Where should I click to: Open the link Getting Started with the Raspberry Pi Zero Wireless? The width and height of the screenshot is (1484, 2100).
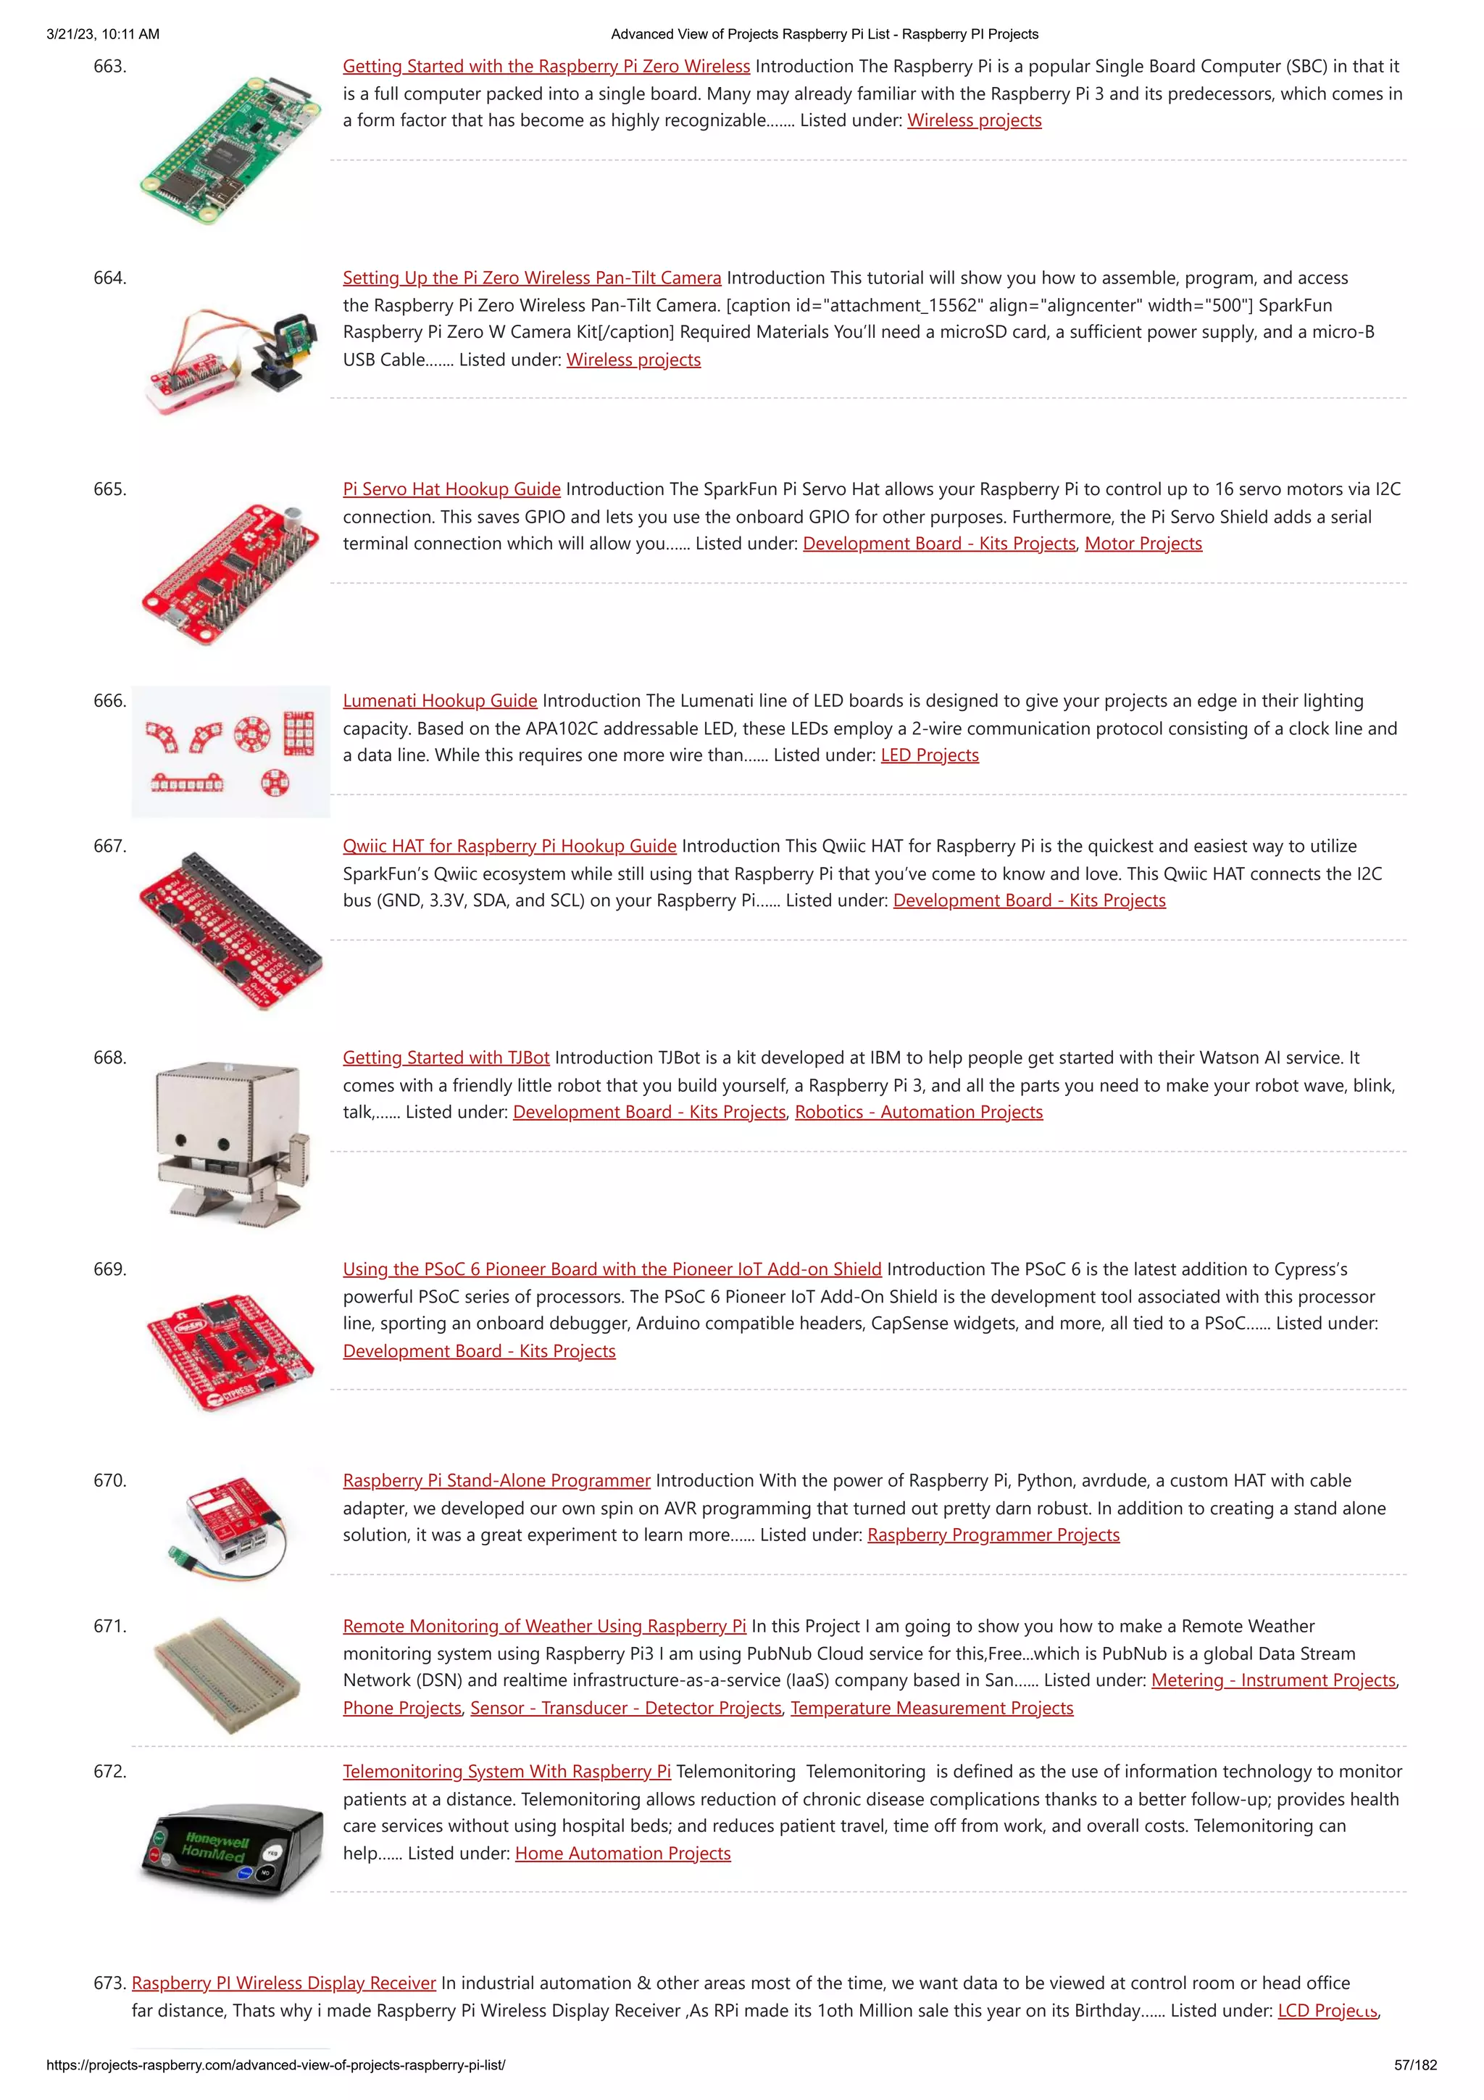(x=546, y=66)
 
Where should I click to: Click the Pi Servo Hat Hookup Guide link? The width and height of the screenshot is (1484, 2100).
(x=451, y=489)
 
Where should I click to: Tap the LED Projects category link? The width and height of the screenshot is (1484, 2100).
(x=929, y=755)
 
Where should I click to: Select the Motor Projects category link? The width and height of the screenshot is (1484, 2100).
(x=1142, y=544)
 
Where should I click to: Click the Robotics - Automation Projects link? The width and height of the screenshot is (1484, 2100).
(x=918, y=1112)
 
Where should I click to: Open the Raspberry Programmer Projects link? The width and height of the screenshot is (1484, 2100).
(x=993, y=1535)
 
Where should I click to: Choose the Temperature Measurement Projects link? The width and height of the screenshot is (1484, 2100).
(x=931, y=1709)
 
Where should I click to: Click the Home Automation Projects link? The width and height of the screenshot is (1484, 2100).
(x=622, y=1854)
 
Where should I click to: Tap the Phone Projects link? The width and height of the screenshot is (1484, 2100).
(x=402, y=1709)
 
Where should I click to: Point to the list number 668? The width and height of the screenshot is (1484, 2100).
(x=109, y=1058)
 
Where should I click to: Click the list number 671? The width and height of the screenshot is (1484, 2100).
(x=109, y=1626)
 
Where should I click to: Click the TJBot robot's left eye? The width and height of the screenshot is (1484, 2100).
(x=181, y=1142)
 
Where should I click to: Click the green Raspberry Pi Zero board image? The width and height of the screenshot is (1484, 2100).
(x=231, y=151)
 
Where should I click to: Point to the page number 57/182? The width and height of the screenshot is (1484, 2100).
(x=1414, y=2065)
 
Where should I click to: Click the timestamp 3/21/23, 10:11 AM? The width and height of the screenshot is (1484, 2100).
(x=102, y=34)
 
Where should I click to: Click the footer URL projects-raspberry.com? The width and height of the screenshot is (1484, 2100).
(x=275, y=2065)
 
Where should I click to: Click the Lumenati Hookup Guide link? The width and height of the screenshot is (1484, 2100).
(x=440, y=702)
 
